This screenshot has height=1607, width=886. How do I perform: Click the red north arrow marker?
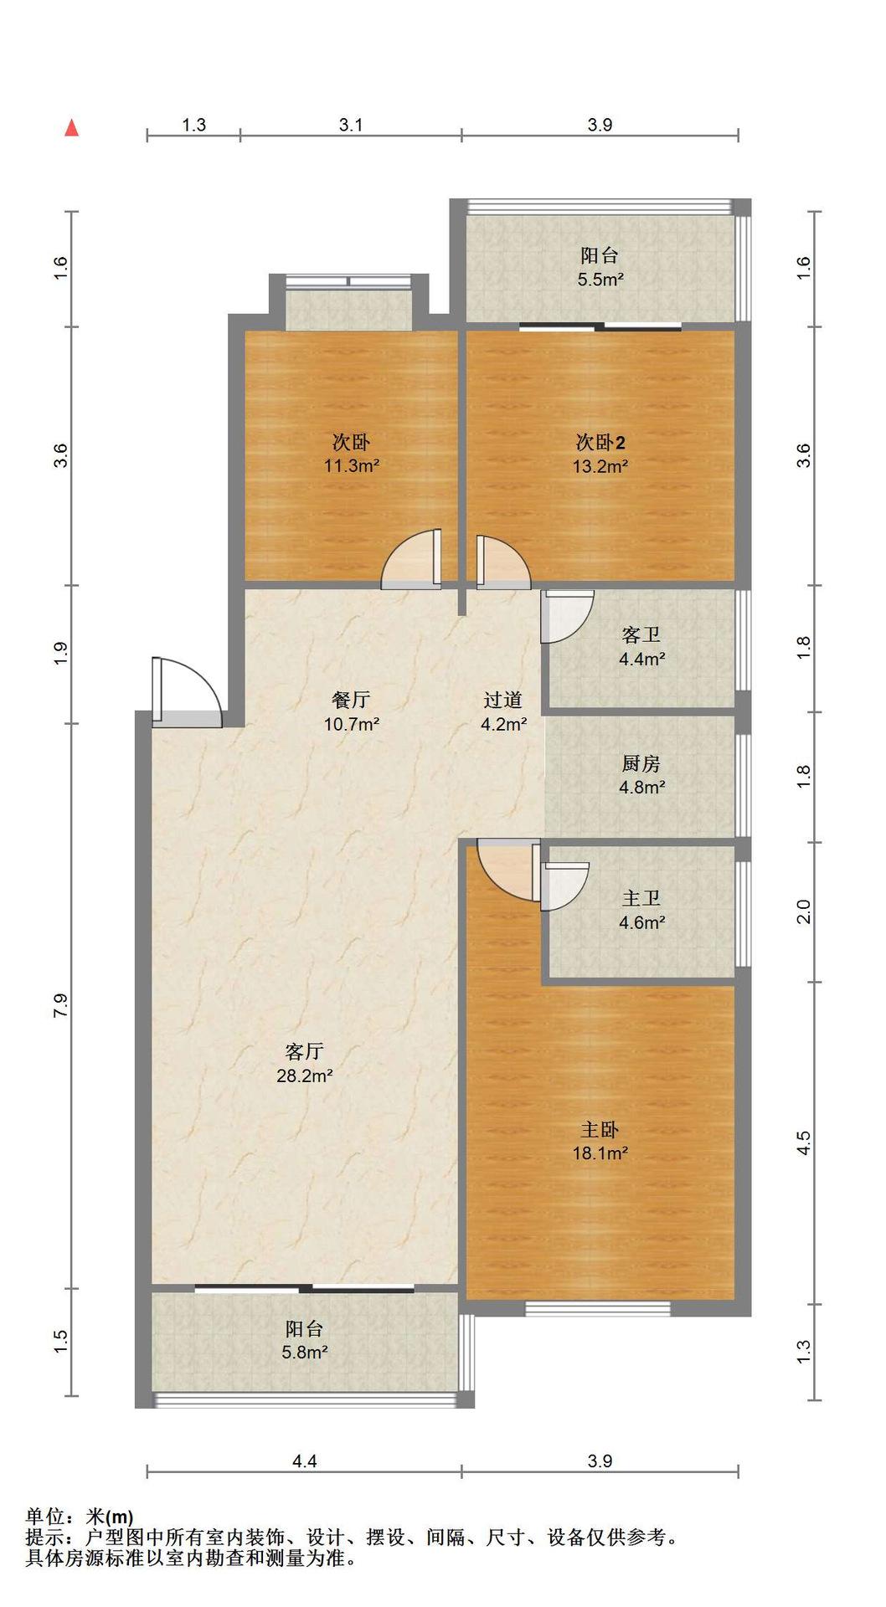(x=72, y=127)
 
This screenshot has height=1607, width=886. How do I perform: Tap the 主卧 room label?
(x=600, y=1130)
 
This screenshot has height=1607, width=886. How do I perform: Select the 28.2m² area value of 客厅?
(x=305, y=1076)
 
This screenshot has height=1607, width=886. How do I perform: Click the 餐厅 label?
(x=351, y=700)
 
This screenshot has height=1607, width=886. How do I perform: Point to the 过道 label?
(x=503, y=700)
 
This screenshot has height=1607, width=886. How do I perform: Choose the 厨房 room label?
(x=641, y=763)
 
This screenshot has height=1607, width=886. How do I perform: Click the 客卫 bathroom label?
(x=641, y=635)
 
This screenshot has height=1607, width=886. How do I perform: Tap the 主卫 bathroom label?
(x=641, y=899)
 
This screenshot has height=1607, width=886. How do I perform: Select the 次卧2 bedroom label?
(x=600, y=442)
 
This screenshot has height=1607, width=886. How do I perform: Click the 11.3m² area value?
(x=352, y=466)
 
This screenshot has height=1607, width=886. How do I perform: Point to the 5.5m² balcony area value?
(x=600, y=280)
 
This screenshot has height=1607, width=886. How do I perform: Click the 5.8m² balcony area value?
(x=305, y=1352)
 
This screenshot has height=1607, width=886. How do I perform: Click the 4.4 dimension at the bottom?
(x=305, y=1461)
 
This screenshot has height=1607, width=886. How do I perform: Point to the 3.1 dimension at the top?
(x=351, y=125)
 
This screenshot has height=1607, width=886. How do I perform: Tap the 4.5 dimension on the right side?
(x=803, y=1143)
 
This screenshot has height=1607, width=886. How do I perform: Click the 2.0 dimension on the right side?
(x=803, y=911)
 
